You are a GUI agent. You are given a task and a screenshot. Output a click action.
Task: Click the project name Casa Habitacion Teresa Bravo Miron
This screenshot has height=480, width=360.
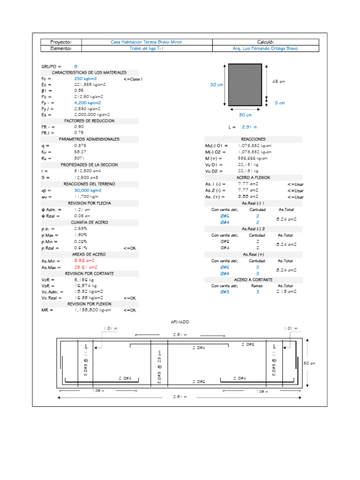tap(146, 42)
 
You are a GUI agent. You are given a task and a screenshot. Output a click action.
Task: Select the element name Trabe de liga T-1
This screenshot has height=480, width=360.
tap(146, 48)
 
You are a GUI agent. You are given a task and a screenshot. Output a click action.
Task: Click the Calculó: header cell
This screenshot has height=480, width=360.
tap(265, 42)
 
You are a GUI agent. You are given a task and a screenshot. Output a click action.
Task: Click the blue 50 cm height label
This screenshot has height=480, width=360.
tap(217, 85)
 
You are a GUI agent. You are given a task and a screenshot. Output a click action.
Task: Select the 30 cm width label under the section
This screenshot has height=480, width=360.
tap(245, 115)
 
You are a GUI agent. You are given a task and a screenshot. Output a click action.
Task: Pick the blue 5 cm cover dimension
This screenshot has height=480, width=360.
tap(280, 102)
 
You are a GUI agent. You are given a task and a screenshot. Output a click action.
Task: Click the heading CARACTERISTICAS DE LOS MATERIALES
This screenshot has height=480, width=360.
tap(89, 73)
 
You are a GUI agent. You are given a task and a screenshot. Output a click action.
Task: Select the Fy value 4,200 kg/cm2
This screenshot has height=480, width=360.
tap(88, 103)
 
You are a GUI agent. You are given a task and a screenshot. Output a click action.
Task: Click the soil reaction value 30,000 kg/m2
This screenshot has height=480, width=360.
tap(88, 191)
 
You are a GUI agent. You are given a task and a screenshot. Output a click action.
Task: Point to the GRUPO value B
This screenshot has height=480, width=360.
tap(76, 67)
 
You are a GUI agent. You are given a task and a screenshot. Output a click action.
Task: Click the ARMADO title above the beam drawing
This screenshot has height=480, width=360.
tap(180, 322)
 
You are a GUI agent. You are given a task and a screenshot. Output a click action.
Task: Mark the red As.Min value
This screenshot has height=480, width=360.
tap(85, 260)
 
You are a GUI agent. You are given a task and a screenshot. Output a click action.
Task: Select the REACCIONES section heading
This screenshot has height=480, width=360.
tap(253, 139)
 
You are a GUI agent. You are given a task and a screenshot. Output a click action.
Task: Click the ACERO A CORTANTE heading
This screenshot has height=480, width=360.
tap(253, 279)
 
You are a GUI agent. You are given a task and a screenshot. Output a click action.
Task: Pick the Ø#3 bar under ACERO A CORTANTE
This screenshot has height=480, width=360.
tap(225, 292)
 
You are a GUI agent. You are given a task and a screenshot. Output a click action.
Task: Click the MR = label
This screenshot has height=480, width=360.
tap(47, 310)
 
